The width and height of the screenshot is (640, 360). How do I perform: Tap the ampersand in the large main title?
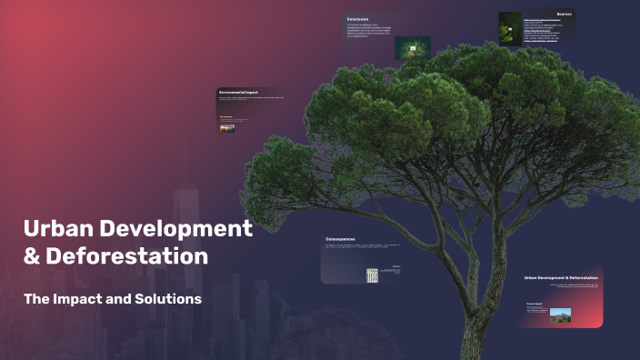[32, 256]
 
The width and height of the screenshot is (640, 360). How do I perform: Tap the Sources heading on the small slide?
[564, 15]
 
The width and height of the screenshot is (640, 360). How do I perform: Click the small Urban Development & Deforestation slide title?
[561, 277]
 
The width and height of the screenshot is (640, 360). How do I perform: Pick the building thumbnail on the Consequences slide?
[372, 275]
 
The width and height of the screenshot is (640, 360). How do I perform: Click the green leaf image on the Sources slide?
[512, 30]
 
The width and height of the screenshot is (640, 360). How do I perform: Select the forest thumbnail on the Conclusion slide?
[412, 48]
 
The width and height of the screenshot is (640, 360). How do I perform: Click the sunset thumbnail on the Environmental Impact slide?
[227, 128]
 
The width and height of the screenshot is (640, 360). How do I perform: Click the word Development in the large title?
[176, 227]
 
